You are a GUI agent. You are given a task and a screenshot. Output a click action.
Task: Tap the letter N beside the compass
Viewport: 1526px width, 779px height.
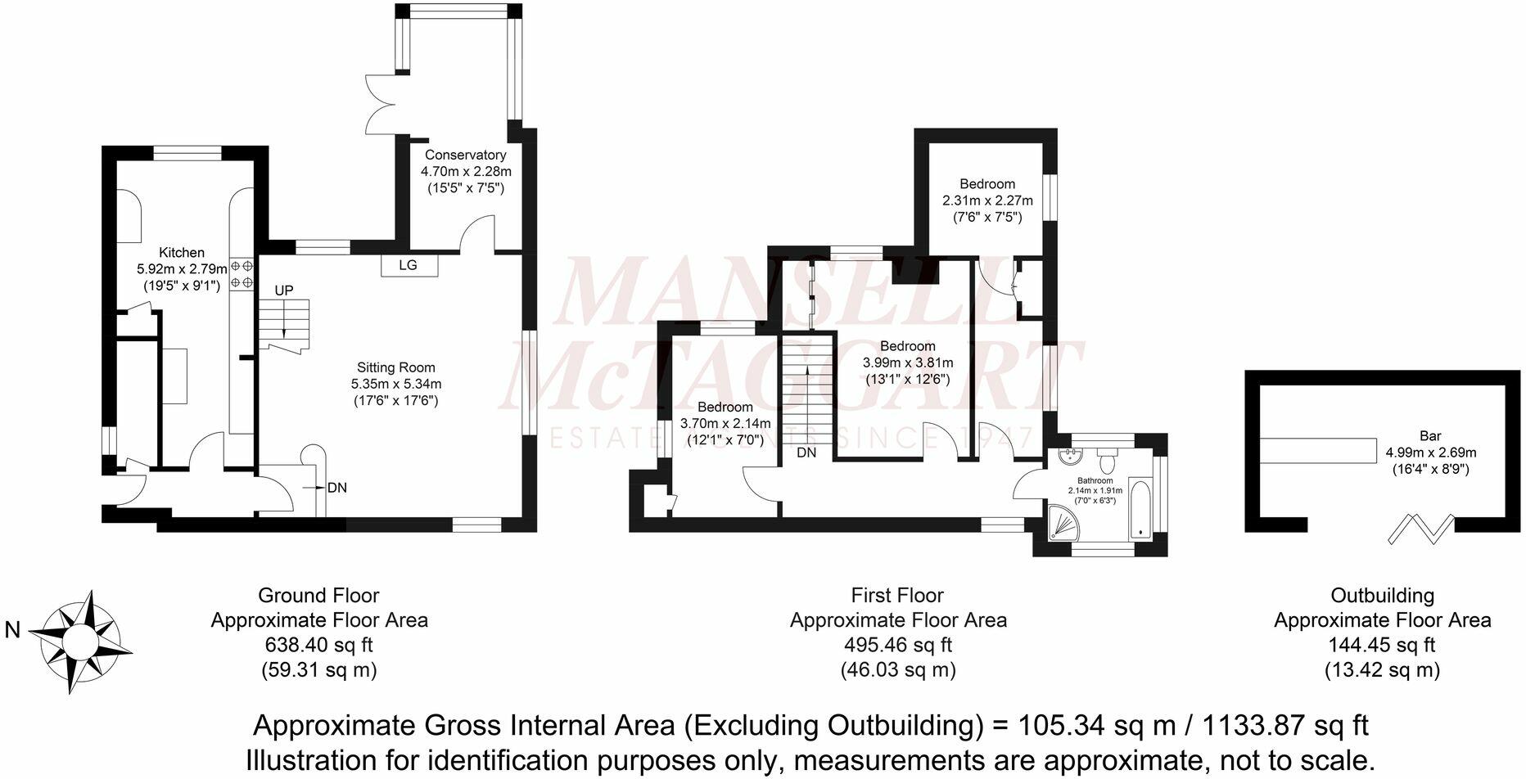tap(12, 630)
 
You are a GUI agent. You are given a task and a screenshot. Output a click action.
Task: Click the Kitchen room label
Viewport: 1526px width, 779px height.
tap(181, 253)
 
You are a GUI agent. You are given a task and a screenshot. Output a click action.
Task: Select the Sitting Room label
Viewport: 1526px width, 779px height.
tap(395, 368)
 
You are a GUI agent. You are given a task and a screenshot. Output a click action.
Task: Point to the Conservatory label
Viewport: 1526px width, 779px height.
tap(465, 155)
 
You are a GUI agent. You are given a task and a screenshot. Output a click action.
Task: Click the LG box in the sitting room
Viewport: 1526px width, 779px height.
tap(408, 265)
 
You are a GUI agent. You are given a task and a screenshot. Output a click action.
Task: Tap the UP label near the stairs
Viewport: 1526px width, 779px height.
tap(283, 290)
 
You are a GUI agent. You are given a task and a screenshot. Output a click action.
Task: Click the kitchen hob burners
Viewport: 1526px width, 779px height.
tap(242, 274)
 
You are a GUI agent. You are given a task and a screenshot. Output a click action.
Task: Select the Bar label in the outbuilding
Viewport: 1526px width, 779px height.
tap(1430, 436)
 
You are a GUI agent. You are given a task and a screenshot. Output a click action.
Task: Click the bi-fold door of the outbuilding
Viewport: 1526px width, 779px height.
tap(1421, 529)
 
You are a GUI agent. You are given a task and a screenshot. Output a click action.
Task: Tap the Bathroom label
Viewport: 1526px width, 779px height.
tap(1095, 480)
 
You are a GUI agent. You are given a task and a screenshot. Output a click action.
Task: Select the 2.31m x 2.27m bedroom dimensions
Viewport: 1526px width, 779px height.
tap(987, 200)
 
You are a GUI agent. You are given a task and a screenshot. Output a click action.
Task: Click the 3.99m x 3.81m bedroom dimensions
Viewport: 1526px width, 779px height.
tap(908, 362)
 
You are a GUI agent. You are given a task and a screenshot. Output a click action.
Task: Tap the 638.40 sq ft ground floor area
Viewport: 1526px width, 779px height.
tap(319, 645)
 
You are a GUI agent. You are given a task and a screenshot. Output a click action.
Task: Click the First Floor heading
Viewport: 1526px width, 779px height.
tap(897, 596)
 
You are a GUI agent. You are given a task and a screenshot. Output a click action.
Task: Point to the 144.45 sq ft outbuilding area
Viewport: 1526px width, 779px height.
tap(1382, 645)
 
